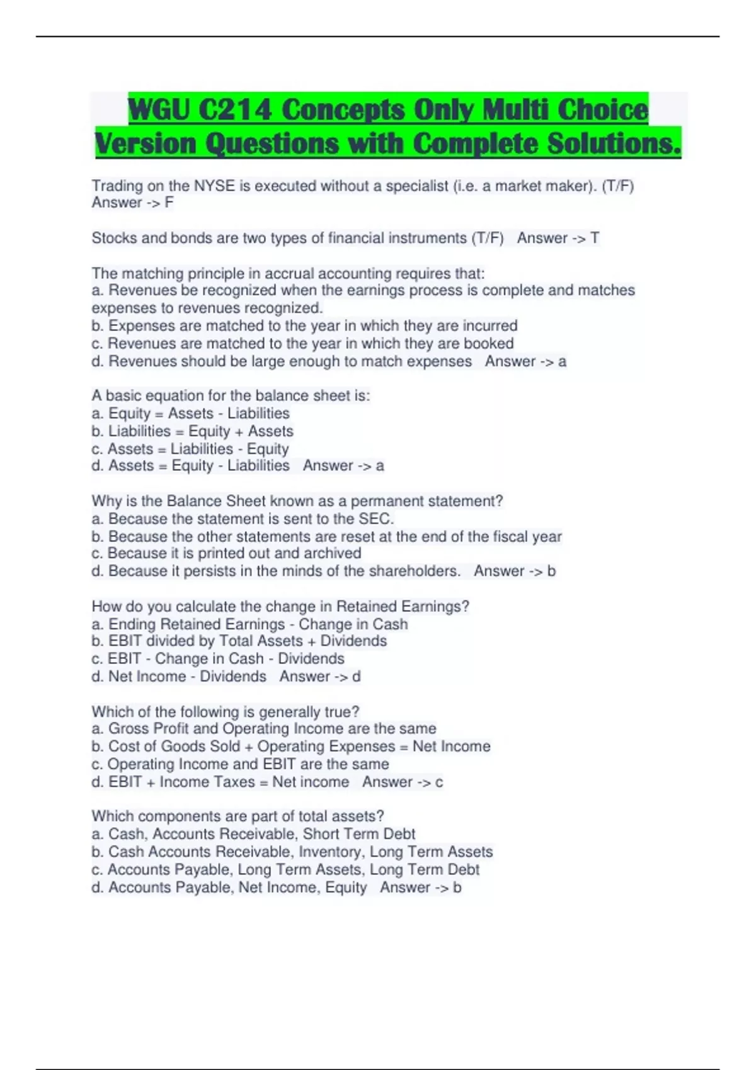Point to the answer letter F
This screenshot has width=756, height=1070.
[x=169, y=203]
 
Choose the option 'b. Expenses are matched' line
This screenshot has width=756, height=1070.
[x=304, y=326]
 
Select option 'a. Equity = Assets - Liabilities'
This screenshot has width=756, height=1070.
[x=190, y=414]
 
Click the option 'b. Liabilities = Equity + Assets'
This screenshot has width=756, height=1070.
[x=192, y=431]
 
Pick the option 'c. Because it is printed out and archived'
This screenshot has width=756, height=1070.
[x=226, y=553]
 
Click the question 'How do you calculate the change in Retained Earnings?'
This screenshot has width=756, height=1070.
[x=280, y=607]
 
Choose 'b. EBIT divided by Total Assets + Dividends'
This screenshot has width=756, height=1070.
[x=239, y=641]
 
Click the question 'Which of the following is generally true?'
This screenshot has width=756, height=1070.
[x=225, y=712]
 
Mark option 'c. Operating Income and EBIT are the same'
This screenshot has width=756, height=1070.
[x=240, y=764]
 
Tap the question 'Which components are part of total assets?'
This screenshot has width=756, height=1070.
[x=238, y=816]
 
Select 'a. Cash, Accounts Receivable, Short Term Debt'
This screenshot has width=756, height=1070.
[x=253, y=834]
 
